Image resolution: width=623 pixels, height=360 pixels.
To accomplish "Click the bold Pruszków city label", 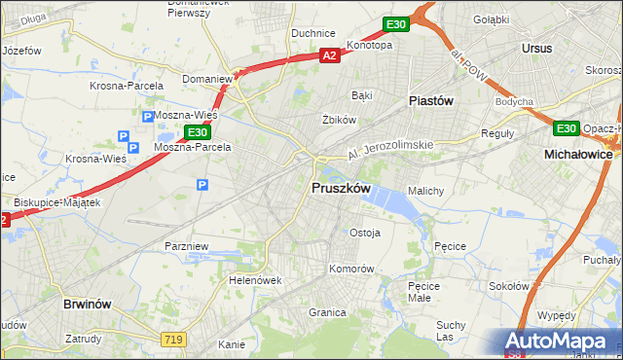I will (x=339, y=188).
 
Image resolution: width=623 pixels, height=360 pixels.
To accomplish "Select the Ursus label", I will (x=536, y=48).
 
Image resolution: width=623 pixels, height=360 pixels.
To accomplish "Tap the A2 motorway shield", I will (x=331, y=56).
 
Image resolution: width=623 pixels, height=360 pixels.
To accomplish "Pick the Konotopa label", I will (x=369, y=45).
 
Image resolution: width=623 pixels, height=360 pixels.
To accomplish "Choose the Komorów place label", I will (x=351, y=268).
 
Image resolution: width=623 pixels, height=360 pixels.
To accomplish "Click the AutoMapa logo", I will (x=559, y=342).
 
